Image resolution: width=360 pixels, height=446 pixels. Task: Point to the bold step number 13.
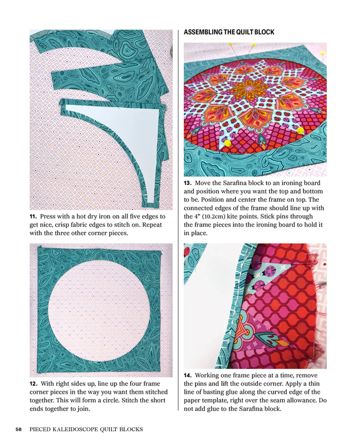188,183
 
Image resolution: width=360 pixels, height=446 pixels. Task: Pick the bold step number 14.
188,376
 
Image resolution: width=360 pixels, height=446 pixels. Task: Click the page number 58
18,429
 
